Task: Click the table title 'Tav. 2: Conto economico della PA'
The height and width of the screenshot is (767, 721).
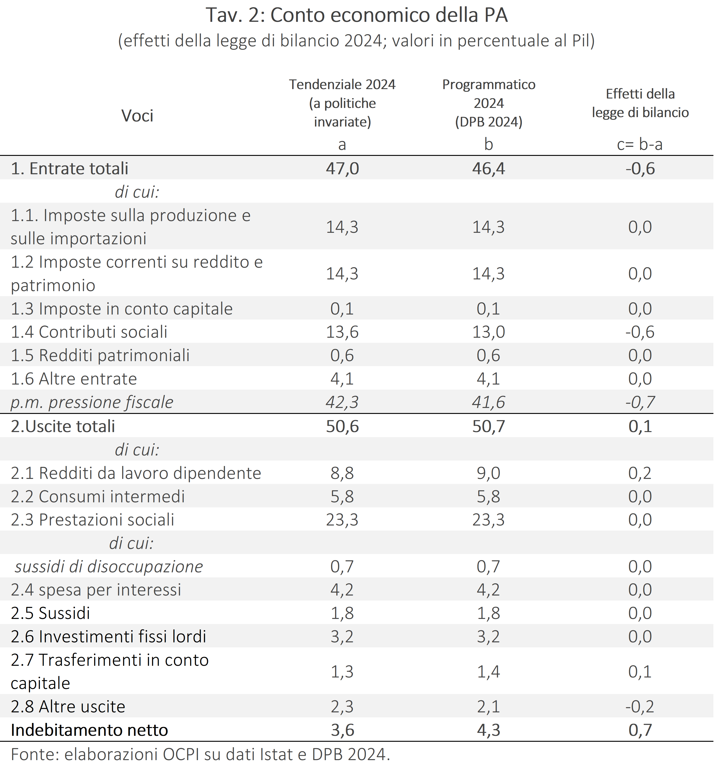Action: [357, 15]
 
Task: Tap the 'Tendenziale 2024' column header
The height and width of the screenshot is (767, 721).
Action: [342, 84]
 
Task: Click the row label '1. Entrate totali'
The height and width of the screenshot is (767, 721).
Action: [69, 169]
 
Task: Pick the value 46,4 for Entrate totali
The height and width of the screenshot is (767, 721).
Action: [488, 169]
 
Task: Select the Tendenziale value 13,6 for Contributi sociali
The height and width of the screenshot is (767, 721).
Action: [342, 332]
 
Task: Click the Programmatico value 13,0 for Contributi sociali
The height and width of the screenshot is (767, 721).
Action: [488, 332]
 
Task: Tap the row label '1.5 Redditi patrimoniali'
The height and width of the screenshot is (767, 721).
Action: [100, 355]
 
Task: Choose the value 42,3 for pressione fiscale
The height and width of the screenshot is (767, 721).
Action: [342, 402]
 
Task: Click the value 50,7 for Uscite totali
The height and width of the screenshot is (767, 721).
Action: [488, 426]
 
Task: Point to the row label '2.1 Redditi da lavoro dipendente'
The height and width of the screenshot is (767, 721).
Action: [136, 473]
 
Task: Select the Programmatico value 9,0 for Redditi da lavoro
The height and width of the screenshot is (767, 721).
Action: [488, 473]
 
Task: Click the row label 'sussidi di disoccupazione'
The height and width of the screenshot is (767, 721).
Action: [109, 566]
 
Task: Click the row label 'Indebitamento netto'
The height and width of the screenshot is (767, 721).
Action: [90, 730]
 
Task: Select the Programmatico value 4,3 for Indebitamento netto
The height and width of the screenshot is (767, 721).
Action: [488, 730]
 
